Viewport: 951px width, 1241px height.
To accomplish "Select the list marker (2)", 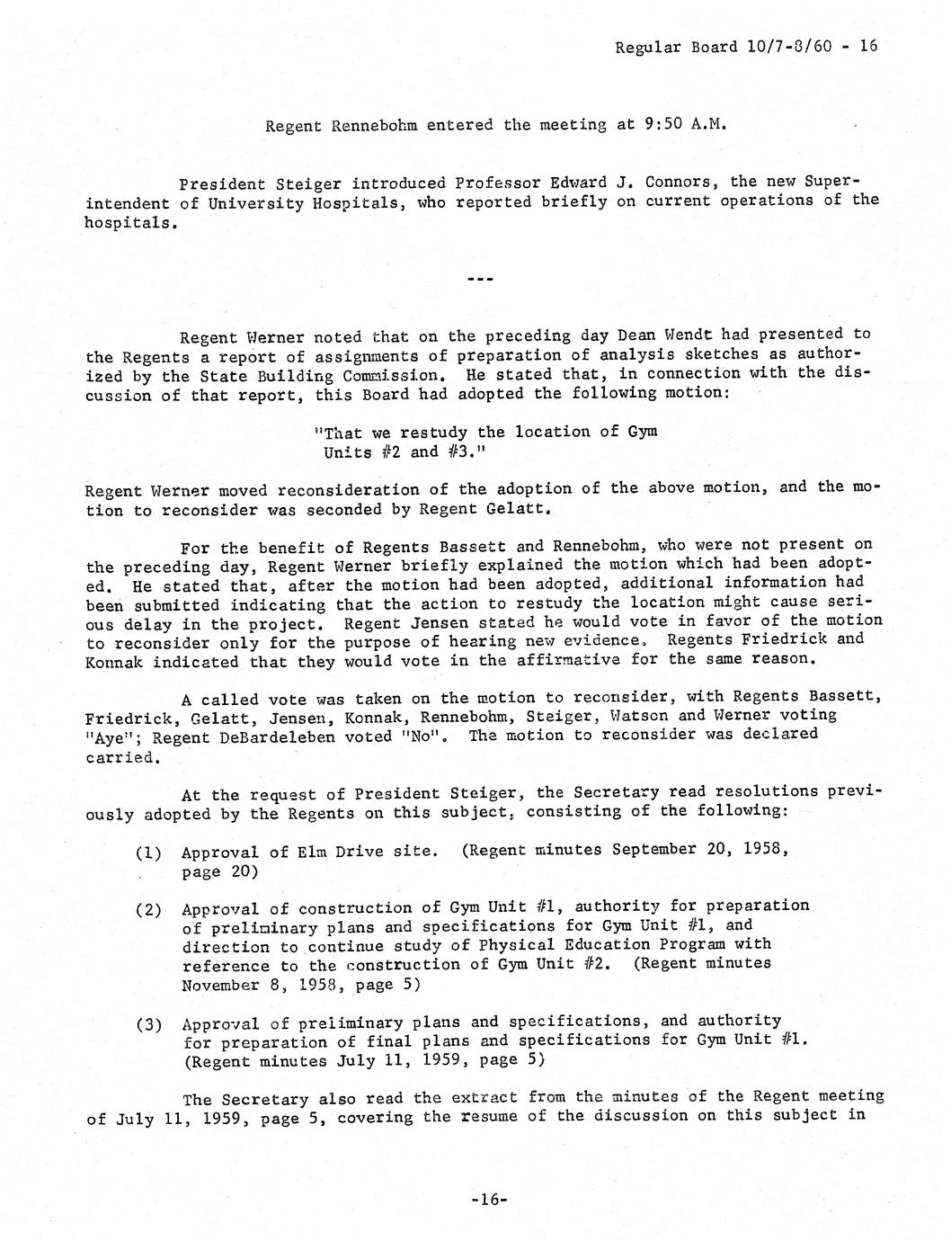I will coord(148,909).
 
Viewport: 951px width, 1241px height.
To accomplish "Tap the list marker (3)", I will coord(148,1024).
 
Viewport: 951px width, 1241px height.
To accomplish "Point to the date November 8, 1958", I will coord(261,985).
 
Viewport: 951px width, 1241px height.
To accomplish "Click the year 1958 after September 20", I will coord(768,850).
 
